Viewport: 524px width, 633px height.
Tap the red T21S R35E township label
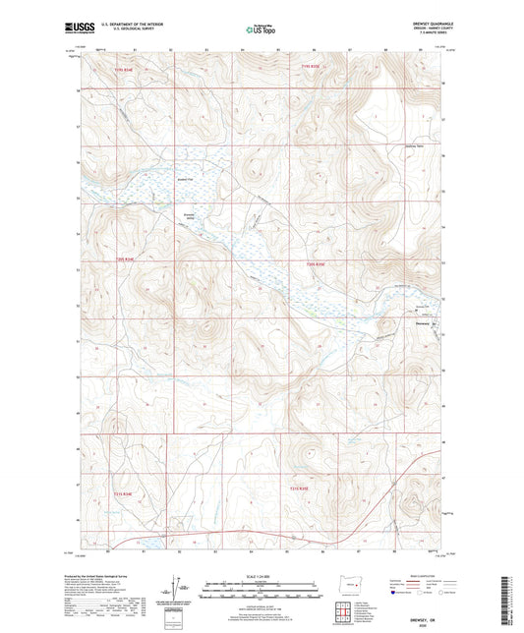tap(299, 489)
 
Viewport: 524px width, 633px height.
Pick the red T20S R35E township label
tap(314, 264)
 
